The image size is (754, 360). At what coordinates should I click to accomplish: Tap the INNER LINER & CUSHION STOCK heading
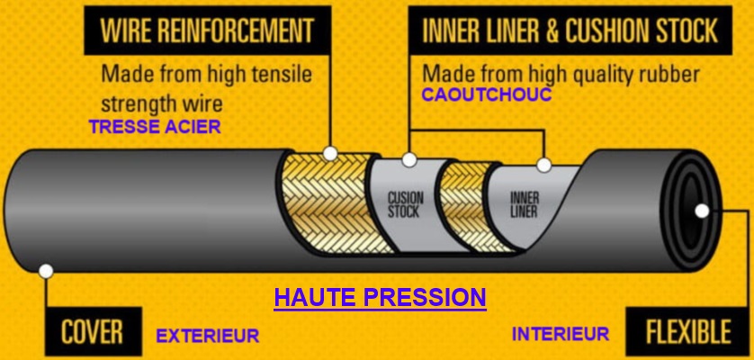[570, 31]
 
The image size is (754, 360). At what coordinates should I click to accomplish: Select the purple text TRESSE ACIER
[155, 127]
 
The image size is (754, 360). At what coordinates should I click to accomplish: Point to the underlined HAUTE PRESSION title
[379, 297]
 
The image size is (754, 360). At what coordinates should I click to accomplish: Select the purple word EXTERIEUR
[208, 336]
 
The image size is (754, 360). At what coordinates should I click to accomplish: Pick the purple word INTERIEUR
[561, 334]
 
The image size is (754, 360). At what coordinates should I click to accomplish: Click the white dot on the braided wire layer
[330, 152]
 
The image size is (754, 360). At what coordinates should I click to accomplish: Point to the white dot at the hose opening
[703, 211]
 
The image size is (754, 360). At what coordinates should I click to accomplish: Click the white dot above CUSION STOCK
[409, 160]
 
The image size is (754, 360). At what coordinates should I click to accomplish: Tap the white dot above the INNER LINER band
[543, 165]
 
